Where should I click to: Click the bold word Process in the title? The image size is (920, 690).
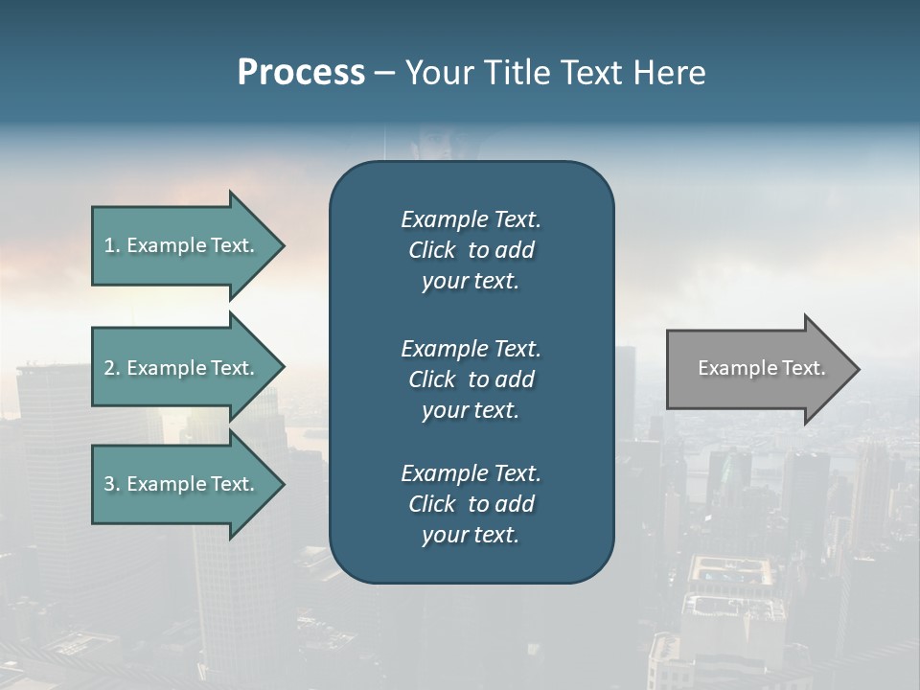click(x=301, y=73)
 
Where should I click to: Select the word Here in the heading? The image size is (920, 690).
click(x=669, y=73)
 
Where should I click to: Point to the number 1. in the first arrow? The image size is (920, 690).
click(x=112, y=245)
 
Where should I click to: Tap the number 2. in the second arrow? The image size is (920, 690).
click(x=112, y=368)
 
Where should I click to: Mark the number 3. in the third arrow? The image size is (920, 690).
click(x=112, y=484)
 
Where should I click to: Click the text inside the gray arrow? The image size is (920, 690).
click(x=761, y=368)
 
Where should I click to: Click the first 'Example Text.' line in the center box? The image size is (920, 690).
click(x=471, y=219)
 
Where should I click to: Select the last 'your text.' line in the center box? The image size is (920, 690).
click(x=471, y=535)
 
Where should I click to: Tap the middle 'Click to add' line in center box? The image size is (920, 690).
click(x=471, y=379)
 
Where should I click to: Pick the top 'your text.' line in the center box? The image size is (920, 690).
click(x=471, y=281)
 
